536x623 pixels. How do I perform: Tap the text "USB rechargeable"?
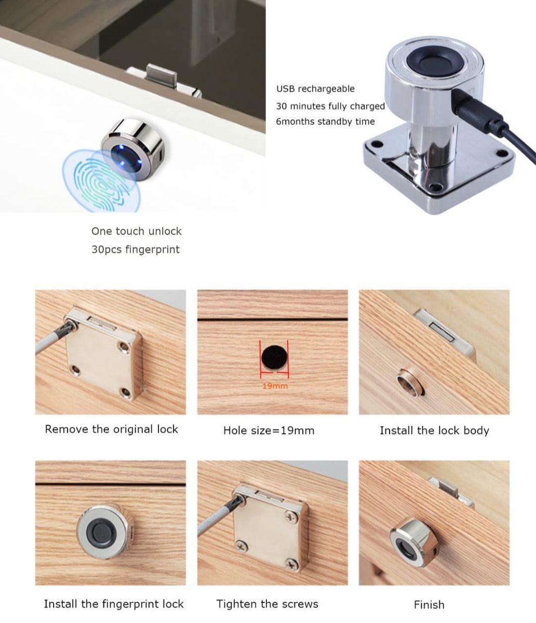(x=315, y=89)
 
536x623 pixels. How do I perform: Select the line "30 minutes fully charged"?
(x=330, y=106)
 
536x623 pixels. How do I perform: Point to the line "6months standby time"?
(x=325, y=121)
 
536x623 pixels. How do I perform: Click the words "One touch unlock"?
(x=136, y=231)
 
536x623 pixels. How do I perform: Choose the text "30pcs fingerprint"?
(x=135, y=249)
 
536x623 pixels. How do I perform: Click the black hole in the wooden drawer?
(x=274, y=357)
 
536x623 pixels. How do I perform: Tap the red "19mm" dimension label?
(x=275, y=386)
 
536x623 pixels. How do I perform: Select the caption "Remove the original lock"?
(x=111, y=429)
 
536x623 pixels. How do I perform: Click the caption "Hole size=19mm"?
(x=269, y=430)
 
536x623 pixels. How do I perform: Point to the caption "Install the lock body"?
(x=434, y=430)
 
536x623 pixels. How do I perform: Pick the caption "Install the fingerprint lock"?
(x=114, y=604)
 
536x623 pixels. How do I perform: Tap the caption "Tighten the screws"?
(x=267, y=604)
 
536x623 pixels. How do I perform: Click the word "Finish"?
(x=429, y=605)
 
